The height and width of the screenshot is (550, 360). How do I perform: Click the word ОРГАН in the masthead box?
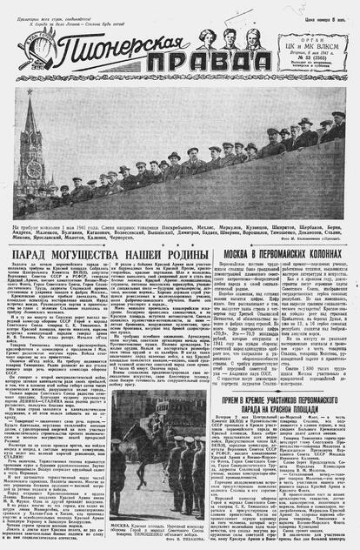pyautogui.click(x=328, y=34)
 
